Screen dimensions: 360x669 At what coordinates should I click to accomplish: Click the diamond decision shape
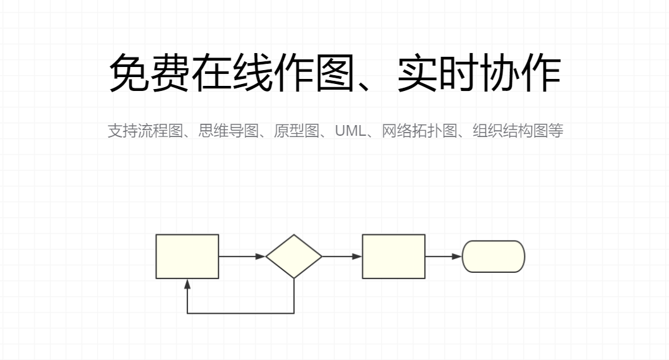(293, 256)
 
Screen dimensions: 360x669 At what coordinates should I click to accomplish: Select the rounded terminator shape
(494, 256)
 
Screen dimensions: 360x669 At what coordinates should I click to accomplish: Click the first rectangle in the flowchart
(187, 256)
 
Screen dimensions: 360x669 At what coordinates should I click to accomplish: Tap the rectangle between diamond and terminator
(393, 256)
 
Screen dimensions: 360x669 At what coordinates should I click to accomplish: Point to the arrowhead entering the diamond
(261, 256)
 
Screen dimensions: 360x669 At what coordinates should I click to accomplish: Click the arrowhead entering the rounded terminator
(457, 256)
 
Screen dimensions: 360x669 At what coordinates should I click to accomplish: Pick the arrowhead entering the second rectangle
(357, 256)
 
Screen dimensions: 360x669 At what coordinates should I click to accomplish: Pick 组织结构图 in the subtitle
(510, 131)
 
